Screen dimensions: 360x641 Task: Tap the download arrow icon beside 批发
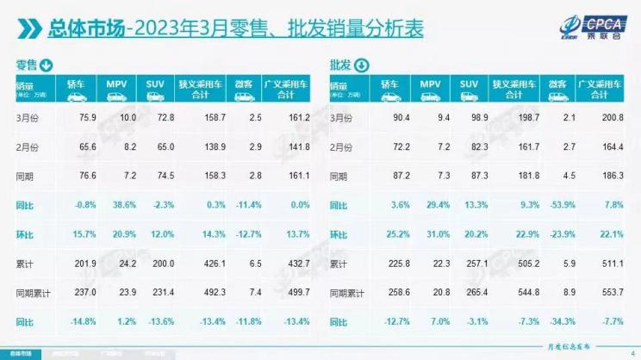pyautogui.click(x=360, y=65)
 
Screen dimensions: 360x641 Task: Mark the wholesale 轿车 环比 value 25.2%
pyautogui.click(x=392, y=234)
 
